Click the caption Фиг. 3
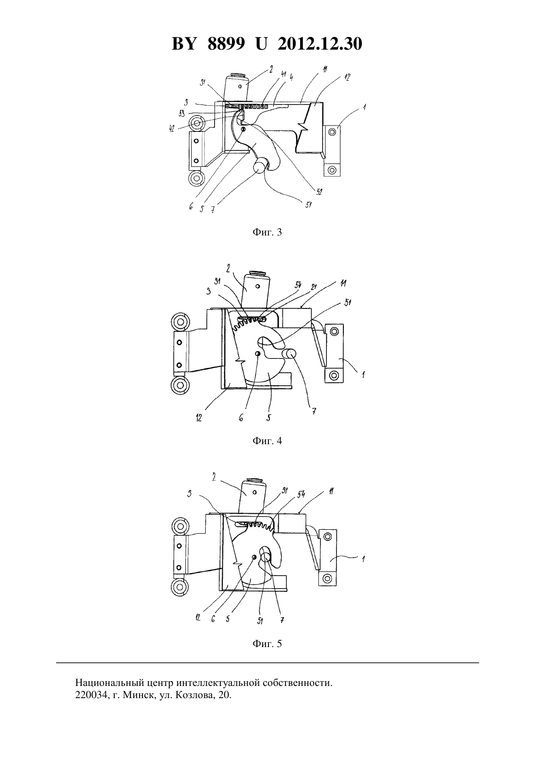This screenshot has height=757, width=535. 267,232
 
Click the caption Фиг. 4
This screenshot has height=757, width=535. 267,441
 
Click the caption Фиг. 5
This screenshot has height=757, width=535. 267,644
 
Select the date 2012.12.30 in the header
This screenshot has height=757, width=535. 320,44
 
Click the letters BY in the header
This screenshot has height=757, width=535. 184,44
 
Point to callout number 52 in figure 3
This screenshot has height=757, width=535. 319,192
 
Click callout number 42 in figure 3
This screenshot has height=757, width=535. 172,128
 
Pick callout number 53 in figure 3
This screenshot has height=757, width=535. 182,113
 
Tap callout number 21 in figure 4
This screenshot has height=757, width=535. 314,287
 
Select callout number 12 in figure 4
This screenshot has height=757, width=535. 198,418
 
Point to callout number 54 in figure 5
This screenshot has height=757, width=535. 301,494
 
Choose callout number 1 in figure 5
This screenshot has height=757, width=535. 363,559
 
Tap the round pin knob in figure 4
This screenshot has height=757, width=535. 289,354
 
